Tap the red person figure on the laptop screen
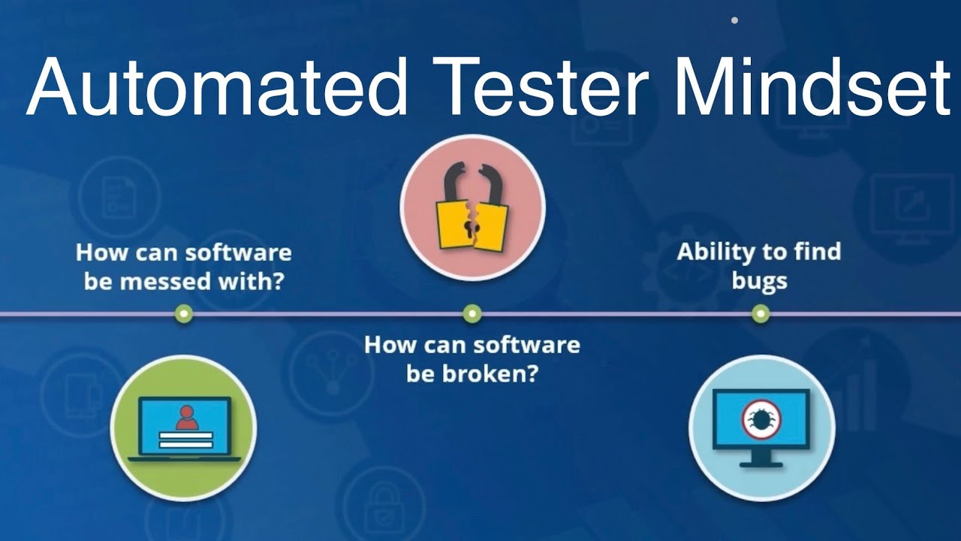[x=185, y=417]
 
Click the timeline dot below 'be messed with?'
[x=183, y=313]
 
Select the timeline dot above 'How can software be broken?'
[x=471, y=313]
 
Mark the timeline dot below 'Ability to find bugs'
[x=761, y=313]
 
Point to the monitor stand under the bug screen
[x=761, y=458]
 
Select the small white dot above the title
[x=734, y=20]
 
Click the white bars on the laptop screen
[x=185, y=440]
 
